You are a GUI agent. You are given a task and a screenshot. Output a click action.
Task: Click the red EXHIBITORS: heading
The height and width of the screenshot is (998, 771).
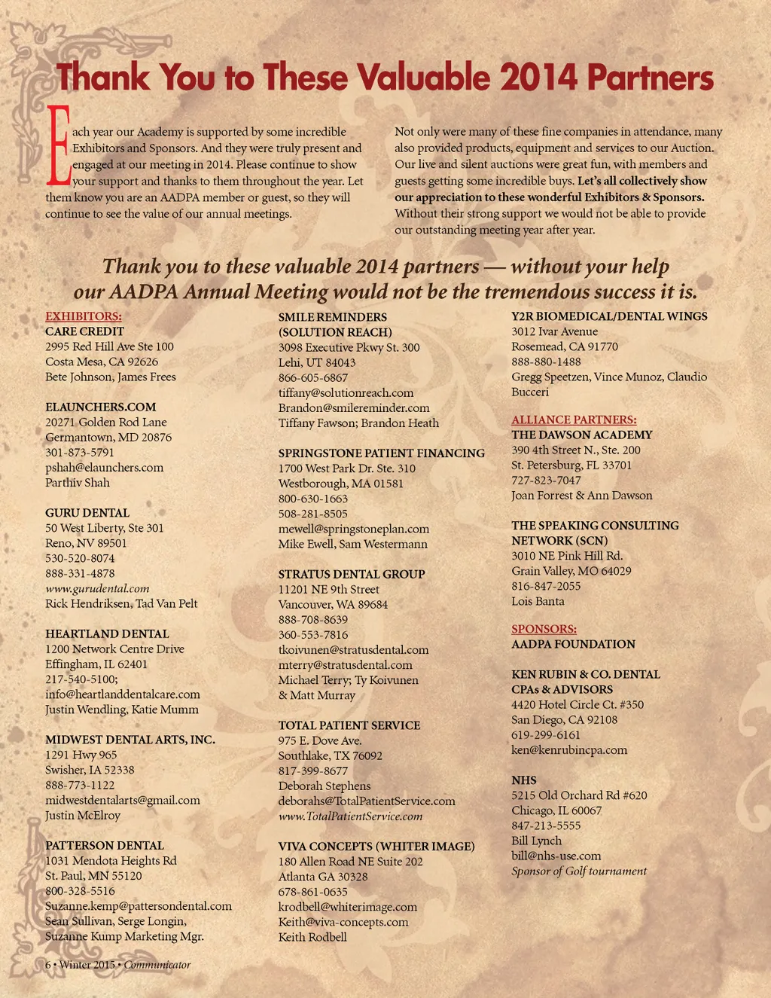coord(84,316)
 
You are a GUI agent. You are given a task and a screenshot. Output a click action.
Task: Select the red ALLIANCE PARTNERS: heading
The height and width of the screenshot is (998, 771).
coord(574,420)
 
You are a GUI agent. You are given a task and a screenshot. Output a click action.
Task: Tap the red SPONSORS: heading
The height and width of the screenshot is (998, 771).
coord(544,629)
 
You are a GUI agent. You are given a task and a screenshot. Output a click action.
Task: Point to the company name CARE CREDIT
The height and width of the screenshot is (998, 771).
coord(84,331)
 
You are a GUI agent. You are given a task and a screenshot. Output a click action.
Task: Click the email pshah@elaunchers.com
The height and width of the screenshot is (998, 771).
coord(104,468)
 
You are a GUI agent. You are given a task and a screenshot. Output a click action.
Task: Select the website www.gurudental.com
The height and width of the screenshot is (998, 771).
coord(97,588)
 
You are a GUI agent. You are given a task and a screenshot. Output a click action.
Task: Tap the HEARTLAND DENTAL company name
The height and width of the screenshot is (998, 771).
coord(107,634)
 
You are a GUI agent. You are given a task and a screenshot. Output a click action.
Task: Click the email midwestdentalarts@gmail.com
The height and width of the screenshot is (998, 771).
coord(123,800)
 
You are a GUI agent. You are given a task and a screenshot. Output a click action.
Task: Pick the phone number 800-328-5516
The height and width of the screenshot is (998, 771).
coord(80,891)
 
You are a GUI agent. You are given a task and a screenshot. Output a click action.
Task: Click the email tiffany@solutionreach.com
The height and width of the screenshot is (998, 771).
coord(346,392)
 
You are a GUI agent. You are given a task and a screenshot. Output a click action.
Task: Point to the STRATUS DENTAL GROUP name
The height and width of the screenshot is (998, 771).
coord(352,574)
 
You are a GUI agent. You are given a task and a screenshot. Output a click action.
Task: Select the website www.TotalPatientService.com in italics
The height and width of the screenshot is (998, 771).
coord(350,816)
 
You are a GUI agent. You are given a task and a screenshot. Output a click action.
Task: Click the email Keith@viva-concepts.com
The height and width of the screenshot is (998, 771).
coord(343,922)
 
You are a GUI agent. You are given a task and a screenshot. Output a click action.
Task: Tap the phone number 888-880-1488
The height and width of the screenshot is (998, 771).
coord(546,362)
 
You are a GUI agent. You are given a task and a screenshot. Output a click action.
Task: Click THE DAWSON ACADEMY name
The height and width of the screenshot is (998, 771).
coord(581,435)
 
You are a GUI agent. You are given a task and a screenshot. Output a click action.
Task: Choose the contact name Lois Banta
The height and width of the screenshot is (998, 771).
coord(538,601)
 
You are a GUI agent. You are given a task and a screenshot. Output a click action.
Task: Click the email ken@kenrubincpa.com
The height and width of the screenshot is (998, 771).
coord(568,750)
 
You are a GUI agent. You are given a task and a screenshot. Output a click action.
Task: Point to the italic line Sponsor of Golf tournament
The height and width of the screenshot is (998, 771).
coord(578,871)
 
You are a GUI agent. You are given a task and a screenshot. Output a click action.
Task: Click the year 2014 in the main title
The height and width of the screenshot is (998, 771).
coord(538,78)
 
